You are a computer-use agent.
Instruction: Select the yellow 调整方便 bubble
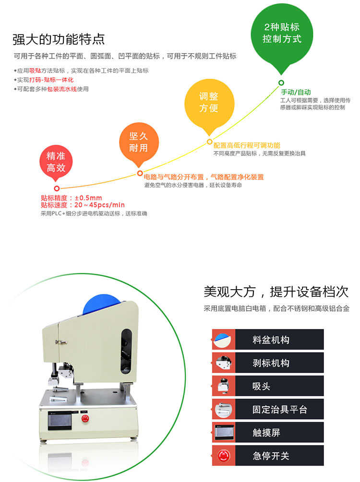click(209, 104)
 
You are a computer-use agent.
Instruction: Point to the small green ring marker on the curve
click(281, 82)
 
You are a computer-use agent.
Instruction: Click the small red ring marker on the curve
click(57, 188)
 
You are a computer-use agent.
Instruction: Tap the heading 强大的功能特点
click(59, 39)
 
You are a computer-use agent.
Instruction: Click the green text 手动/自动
click(296, 92)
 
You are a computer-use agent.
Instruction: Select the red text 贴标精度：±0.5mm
click(72, 198)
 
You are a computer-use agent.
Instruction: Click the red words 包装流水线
click(62, 89)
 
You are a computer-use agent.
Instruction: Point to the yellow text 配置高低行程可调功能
click(247, 145)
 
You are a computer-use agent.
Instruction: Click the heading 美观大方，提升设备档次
click(276, 292)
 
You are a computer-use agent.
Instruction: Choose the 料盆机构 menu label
click(271, 340)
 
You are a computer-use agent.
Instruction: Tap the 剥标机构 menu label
click(271, 363)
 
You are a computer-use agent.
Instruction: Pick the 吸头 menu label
click(261, 386)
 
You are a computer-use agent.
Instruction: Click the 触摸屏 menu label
click(266, 433)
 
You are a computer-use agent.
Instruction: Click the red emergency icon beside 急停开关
click(224, 456)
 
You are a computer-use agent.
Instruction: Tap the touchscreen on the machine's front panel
click(60, 419)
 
